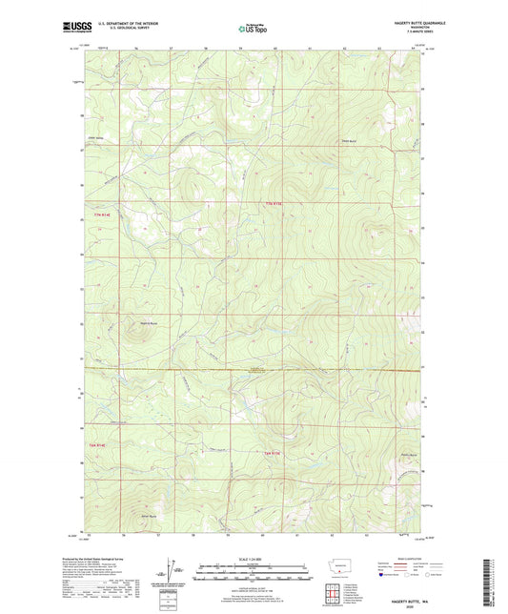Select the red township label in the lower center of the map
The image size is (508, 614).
272,453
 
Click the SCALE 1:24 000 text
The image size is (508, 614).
253,558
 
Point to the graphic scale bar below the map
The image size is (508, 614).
253,575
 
